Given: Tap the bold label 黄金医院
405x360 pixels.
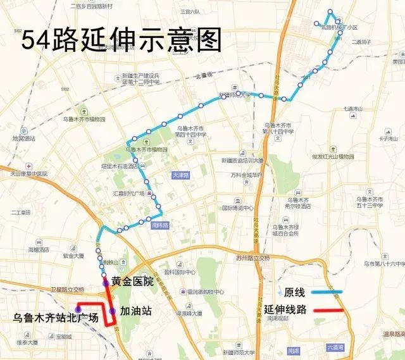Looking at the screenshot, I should (132, 282).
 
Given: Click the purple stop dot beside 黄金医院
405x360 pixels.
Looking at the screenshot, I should (106, 282).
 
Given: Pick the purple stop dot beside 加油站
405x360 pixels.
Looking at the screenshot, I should (112, 311).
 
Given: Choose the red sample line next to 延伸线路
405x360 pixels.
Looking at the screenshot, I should (327, 311).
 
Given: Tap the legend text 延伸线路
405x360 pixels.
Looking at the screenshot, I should (285, 310).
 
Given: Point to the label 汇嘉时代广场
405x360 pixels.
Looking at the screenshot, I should (128, 193).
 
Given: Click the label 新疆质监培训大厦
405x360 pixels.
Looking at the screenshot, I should (242, 161).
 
